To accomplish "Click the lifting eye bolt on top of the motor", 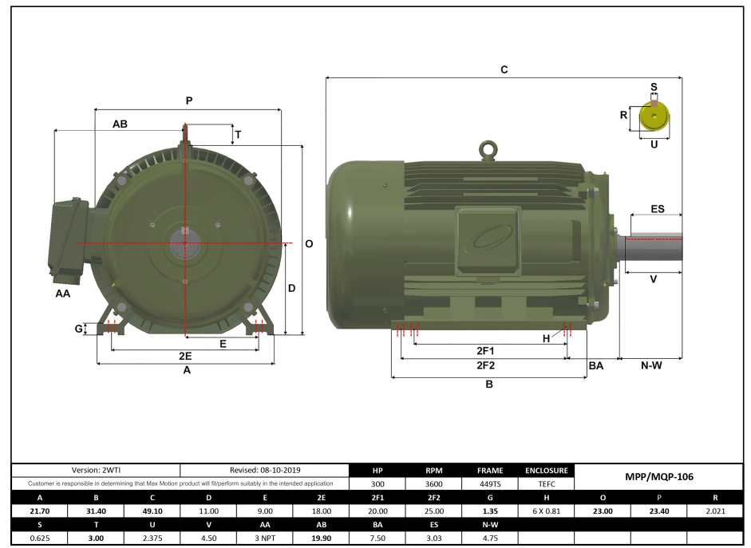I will [486, 149].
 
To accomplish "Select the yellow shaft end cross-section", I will [654, 117].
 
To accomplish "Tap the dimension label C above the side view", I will [504, 69].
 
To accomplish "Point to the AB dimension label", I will [120, 124].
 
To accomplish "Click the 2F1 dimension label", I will [485, 350].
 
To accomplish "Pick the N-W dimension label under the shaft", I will [651, 365].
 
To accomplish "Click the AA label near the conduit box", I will [62, 294].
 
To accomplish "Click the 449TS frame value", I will [489, 483].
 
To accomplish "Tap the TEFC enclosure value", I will [546, 483].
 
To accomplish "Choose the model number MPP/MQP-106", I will [658, 477].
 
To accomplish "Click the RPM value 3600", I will [433, 483].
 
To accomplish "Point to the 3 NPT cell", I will [265, 538].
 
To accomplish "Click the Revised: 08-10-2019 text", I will [265, 470].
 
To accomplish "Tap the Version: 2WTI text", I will [96, 470].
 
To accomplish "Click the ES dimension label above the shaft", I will [657, 209].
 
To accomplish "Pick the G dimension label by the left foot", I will [78, 329].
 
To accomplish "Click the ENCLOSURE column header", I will [546, 470].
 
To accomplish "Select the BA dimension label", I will [595, 365].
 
